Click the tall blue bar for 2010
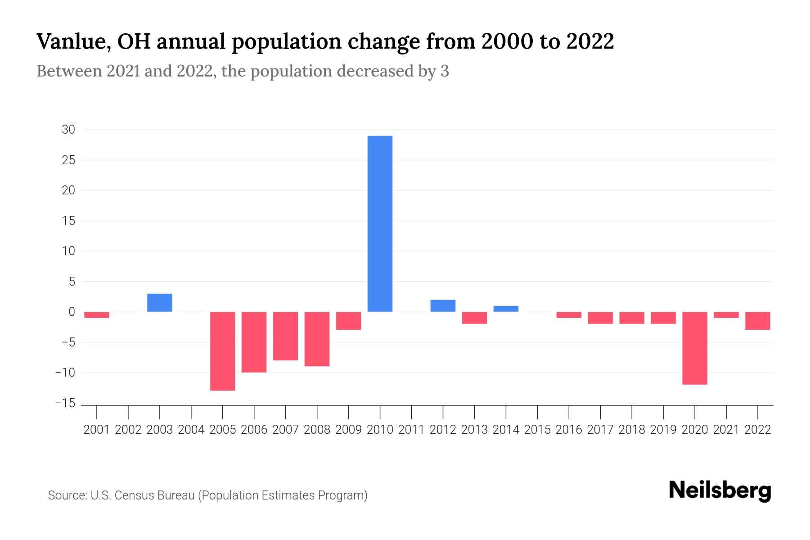point(380,224)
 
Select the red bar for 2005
point(223,351)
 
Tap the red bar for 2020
point(694,348)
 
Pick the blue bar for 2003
point(160,302)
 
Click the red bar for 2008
point(317,339)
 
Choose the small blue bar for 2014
point(506,309)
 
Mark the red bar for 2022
point(757,321)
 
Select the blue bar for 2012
point(443,306)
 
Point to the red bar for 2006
point(254,342)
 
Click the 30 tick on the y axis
point(68,130)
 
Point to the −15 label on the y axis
point(65,403)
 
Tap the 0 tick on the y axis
point(72,312)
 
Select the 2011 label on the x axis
point(411,430)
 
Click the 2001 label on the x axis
point(97,430)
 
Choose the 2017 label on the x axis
point(600,430)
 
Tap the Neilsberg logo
point(720,490)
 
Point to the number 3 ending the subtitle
point(445,71)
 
